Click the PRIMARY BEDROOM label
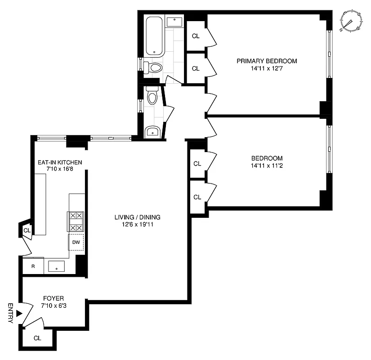[267, 61]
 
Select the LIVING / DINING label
[137, 217]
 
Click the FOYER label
[53, 298]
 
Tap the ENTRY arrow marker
[18, 313]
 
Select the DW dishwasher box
[76, 242]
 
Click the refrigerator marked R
[33, 266]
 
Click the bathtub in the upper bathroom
[155, 36]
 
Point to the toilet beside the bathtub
[155, 68]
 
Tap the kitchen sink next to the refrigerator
[57, 266]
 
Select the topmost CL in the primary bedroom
[195, 36]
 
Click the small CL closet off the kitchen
[27, 231]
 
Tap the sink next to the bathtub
[174, 22]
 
